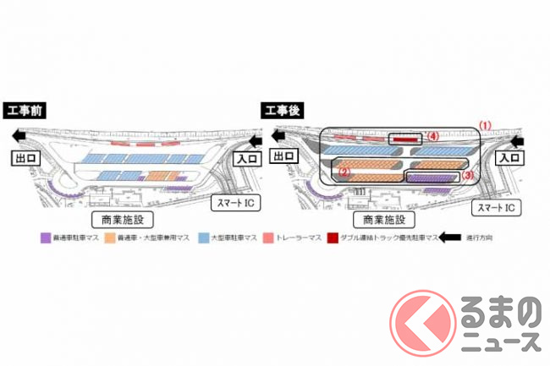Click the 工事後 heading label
point(280,110)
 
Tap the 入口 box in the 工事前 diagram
point(245,157)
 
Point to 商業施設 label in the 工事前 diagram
point(118,220)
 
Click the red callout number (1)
point(486,124)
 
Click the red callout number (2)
point(344,170)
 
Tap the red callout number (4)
point(432,135)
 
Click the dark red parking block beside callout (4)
point(404,138)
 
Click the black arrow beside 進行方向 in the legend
point(448,238)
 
